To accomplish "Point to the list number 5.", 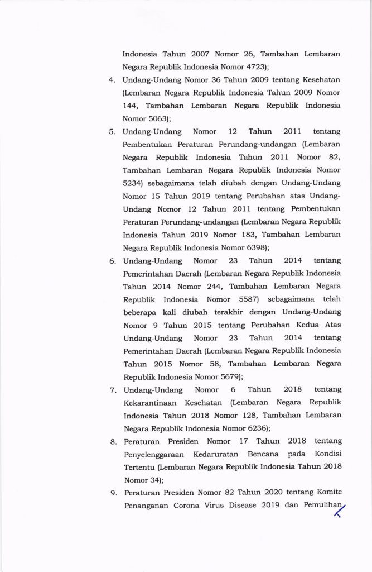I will click(112, 131).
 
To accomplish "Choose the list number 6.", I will click(112, 260).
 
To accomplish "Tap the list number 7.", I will click(112, 389).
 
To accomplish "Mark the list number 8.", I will click(112, 441).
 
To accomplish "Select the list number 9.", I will click(112, 493).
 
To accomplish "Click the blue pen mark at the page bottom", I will click(338, 509).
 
